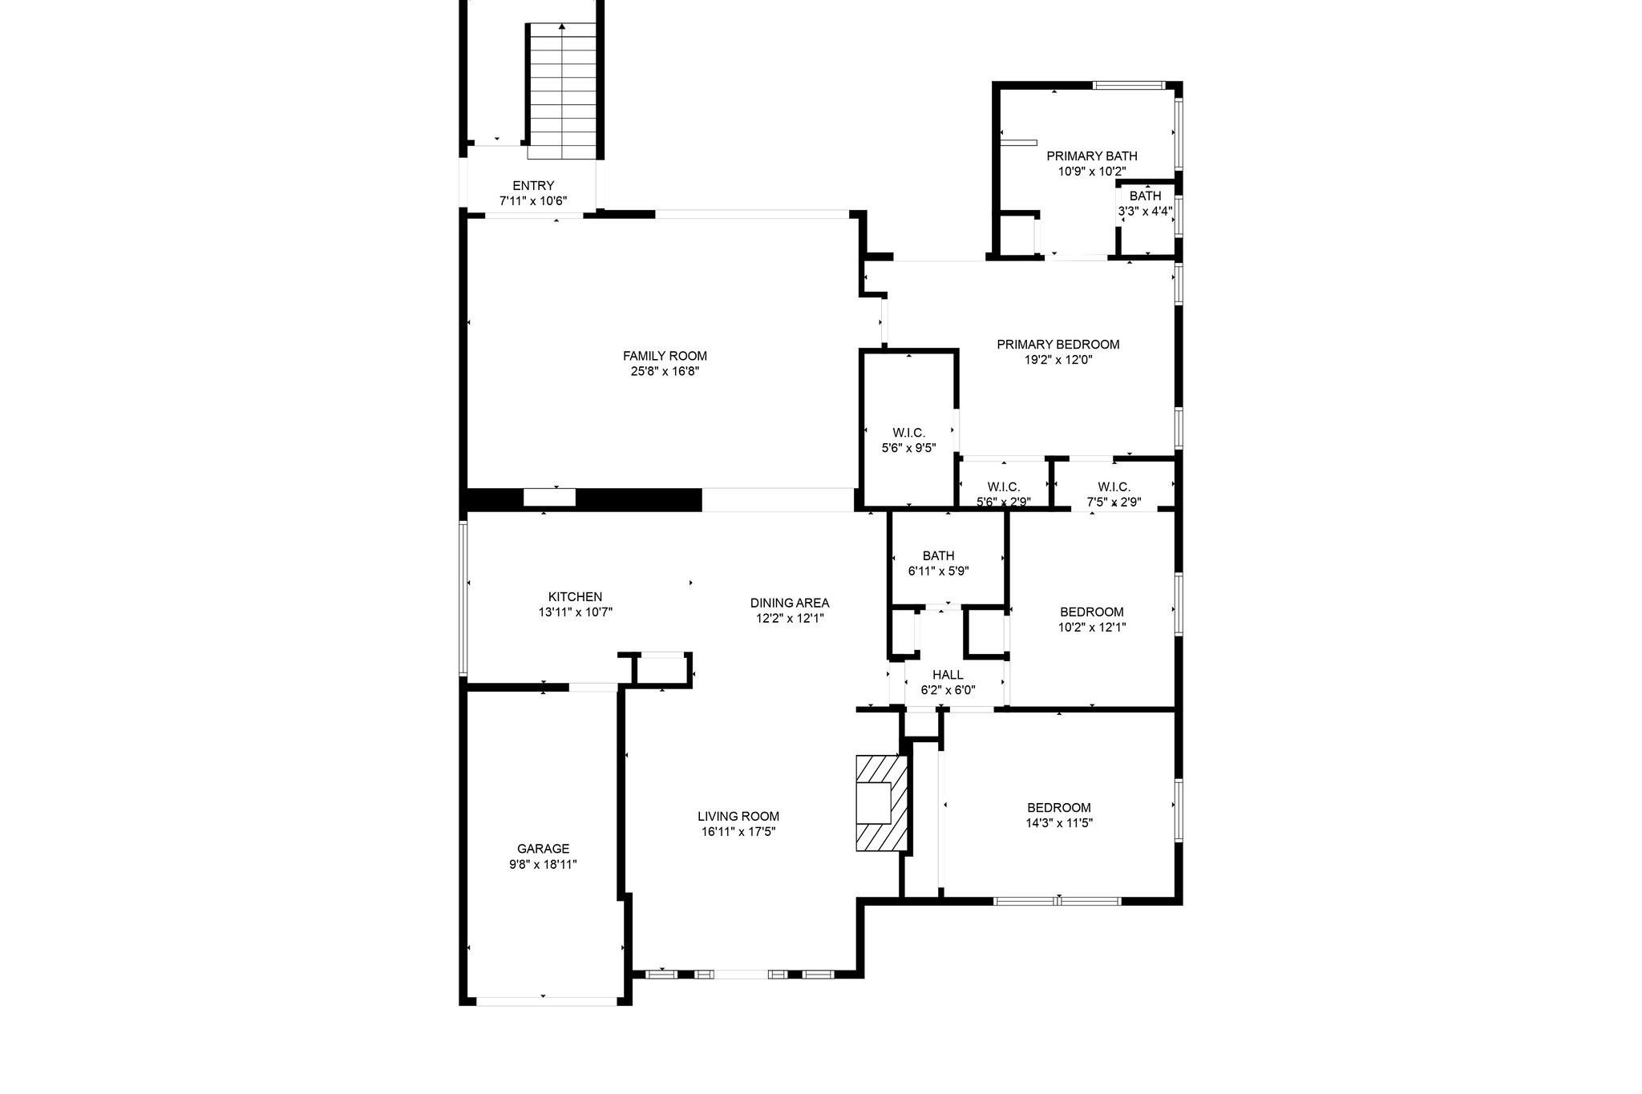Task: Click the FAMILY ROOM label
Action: coord(665,356)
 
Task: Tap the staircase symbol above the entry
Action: coord(562,91)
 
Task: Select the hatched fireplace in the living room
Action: coord(883,802)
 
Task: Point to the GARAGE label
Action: coord(543,849)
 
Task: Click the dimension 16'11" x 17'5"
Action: coord(738,832)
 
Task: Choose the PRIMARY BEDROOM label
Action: coord(1058,345)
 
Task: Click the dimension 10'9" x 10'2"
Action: coord(1091,172)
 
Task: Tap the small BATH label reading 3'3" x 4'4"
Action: coord(1145,196)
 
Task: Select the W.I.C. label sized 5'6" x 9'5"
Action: coord(908,434)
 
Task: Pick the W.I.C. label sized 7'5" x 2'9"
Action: coord(1114,487)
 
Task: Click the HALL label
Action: coord(948,675)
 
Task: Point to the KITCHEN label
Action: coord(575,597)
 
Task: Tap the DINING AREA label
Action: coord(789,603)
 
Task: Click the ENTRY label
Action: coord(533,186)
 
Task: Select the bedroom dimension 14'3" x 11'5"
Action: coord(1059,823)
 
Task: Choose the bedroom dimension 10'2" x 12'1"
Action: coord(1091,628)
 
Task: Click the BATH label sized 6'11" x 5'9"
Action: coord(938,556)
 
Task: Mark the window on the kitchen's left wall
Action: coord(463,598)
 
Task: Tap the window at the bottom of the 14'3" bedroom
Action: coord(1058,901)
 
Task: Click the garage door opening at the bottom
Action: coord(545,1001)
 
